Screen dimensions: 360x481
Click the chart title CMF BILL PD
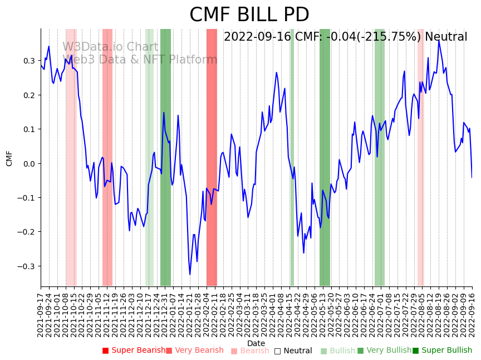[x=249, y=15]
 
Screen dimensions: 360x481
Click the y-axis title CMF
[x=9, y=158]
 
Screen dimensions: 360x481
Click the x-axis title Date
[x=256, y=343]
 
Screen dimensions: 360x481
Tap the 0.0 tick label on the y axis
[x=28, y=163]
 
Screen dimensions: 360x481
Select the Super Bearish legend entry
[x=134, y=351]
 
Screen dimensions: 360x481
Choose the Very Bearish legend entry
[x=194, y=351]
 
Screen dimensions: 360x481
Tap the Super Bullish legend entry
[x=442, y=351]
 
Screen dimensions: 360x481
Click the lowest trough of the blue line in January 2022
[x=190, y=274]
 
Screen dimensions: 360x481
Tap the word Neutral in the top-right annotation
[x=446, y=37]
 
